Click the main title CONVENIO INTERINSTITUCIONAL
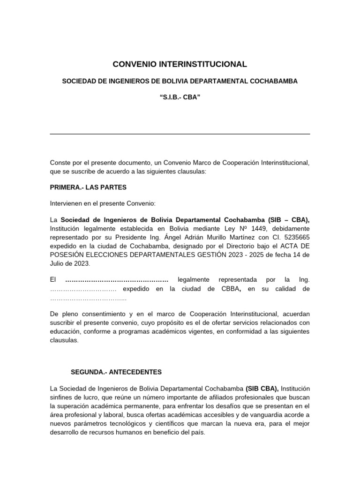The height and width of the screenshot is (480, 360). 180,64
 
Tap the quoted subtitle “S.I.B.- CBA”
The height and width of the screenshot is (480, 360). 180,99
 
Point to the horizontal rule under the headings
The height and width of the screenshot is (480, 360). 180,134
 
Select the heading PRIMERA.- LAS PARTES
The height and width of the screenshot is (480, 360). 88,187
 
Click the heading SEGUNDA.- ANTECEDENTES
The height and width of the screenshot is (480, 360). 116,372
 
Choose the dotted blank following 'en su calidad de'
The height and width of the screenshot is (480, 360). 88,298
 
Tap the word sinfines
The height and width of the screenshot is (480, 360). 64,398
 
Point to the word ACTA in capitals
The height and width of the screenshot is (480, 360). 290,246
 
